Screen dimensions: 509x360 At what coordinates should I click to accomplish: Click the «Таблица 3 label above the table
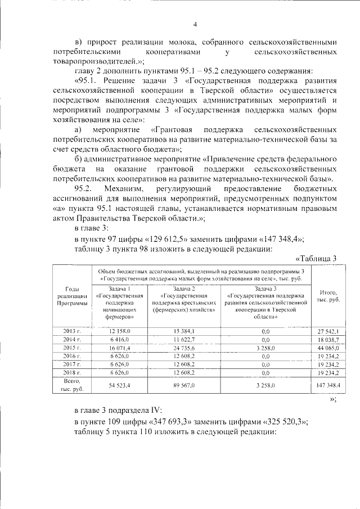pyautogui.click(x=316, y=258)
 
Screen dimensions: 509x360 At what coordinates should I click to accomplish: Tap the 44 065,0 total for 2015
pyautogui.click(x=328, y=348)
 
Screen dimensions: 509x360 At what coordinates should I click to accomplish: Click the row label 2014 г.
pyautogui.click(x=72, y=340)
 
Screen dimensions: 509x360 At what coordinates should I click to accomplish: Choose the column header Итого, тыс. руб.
pyautogui.click(x=328, y=296)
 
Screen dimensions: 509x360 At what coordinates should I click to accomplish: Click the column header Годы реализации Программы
pyautogui.click(x=72, y=296)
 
